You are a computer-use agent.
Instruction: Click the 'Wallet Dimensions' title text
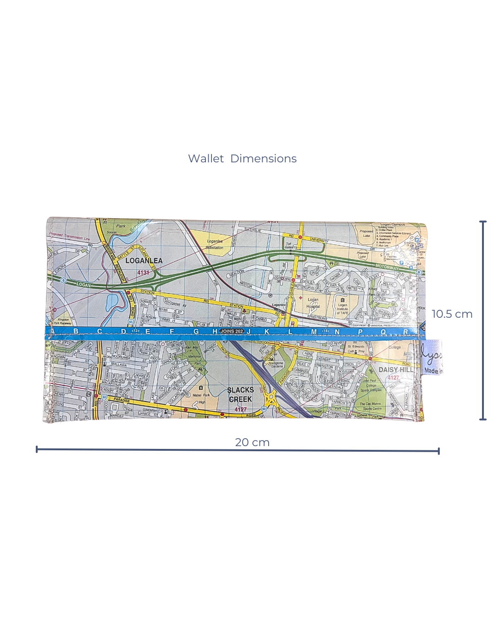[242, 159]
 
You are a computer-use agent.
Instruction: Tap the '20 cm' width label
[252, 442]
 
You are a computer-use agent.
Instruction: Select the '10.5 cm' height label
[452, 314]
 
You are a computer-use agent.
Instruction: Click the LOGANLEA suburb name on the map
[144, 261]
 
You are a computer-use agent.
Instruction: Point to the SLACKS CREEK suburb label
[240, 394]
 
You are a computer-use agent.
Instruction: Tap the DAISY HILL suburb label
[396, 370]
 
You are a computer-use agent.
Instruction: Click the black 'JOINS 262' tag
[232, 332]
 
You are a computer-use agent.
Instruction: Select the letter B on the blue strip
[76, 331]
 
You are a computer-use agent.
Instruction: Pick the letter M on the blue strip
[314, 332]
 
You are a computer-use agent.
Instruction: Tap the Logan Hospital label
[313, 303]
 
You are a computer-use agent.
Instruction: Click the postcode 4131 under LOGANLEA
[143, 273]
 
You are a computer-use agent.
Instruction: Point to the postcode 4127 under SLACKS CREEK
[240, 409]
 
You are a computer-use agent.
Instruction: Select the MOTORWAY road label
[387, 268]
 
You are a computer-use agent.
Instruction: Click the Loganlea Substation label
[215, 244]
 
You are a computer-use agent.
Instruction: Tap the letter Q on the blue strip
[383, 332]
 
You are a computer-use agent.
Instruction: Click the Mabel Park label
[201, 395]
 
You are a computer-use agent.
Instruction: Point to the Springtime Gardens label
[276, 365]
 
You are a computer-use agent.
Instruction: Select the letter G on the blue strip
[196, 332]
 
